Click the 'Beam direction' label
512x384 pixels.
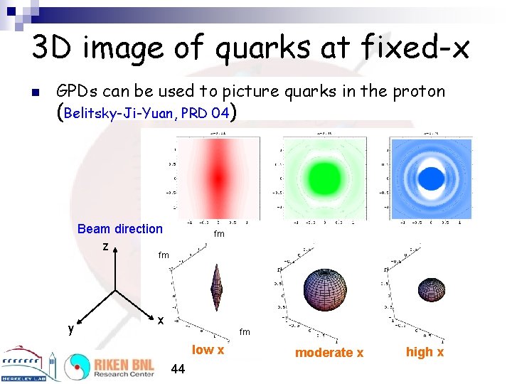[119, 229]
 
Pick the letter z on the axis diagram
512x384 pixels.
[105, 247]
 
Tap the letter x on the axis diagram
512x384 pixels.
[161, 321]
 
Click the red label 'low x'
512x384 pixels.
[208, 350]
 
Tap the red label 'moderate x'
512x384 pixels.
[329, 353]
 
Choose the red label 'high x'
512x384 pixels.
[425, 352]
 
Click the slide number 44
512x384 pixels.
[178, 368]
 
